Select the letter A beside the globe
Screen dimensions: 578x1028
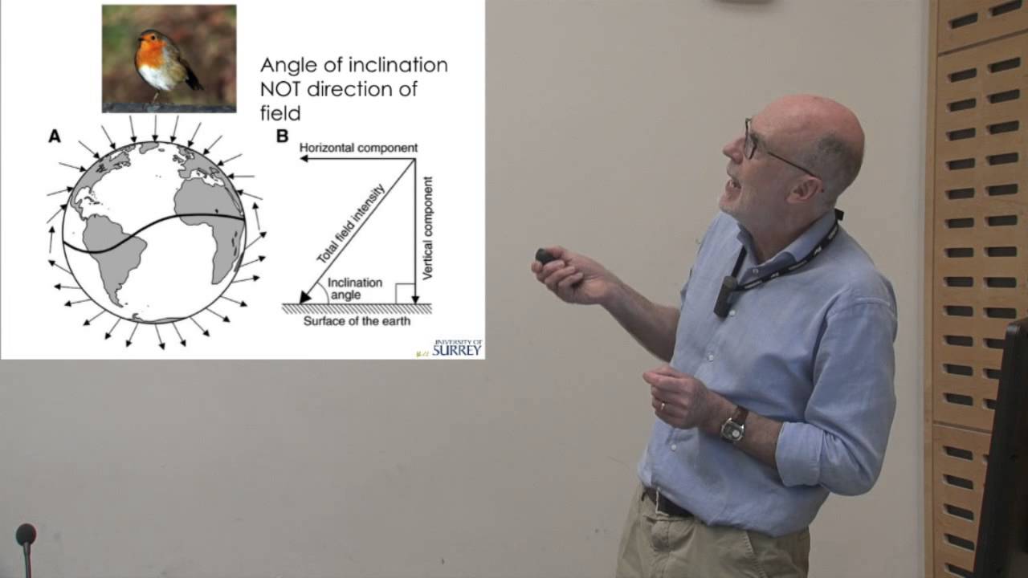pyautogui.click(x=55, y=136)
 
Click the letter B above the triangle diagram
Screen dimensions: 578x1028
pyautogui.click(x=282, y=136)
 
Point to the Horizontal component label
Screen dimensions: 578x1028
pyautogui.click(x=358, y=148)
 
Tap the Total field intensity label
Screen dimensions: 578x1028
pyautogui.click(x=350, y=224)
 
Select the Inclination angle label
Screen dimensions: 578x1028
pyautogui.click(x=355, y=289)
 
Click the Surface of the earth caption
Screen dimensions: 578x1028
pyautogui.click(x=357, y=321)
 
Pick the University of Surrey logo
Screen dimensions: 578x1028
pyautogui.click(x=455, y=348)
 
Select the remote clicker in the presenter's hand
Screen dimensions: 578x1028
pyautogui.click(x=546, y=257)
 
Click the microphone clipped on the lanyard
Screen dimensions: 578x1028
pyautogui.click(x=724, y=295)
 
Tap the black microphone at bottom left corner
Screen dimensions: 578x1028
pyautogui.click(x=26, y=535)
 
